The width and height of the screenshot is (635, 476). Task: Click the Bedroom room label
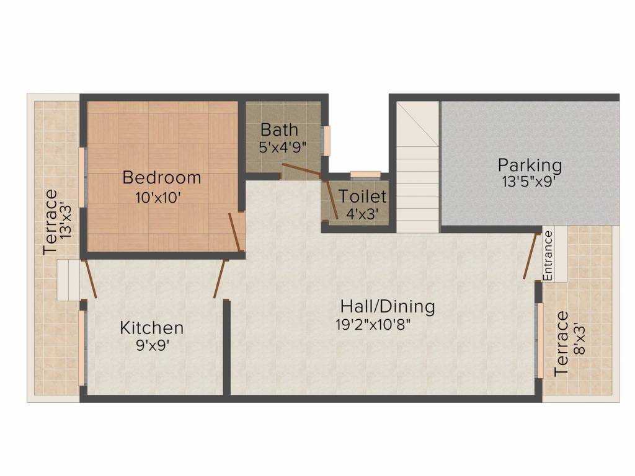[x=162, y=178]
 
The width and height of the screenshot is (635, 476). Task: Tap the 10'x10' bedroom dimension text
[x=158, y=198]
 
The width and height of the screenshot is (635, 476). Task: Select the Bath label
[x=280, y=130]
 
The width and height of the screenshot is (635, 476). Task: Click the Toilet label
[x=362, y=196]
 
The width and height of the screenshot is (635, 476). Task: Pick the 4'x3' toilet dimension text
[x=362, y=214]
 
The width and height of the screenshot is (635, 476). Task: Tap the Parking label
[x=530, y=165]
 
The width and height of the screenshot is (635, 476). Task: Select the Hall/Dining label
[x=388, y=306]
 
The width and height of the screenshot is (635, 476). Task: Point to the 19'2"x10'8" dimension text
[x=373, y=325]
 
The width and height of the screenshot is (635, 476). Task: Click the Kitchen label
[x=152, y=328]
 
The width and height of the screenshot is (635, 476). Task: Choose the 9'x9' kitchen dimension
[x=153, y=345]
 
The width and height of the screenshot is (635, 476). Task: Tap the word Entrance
[x=548, y=255]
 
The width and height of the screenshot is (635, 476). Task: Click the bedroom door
[x=235, y=233]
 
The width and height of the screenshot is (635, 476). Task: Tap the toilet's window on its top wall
[x=365, y=175]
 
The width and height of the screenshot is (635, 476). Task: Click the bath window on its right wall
[x=326, y=141]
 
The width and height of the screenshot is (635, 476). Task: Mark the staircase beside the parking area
[x=417, y=167]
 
